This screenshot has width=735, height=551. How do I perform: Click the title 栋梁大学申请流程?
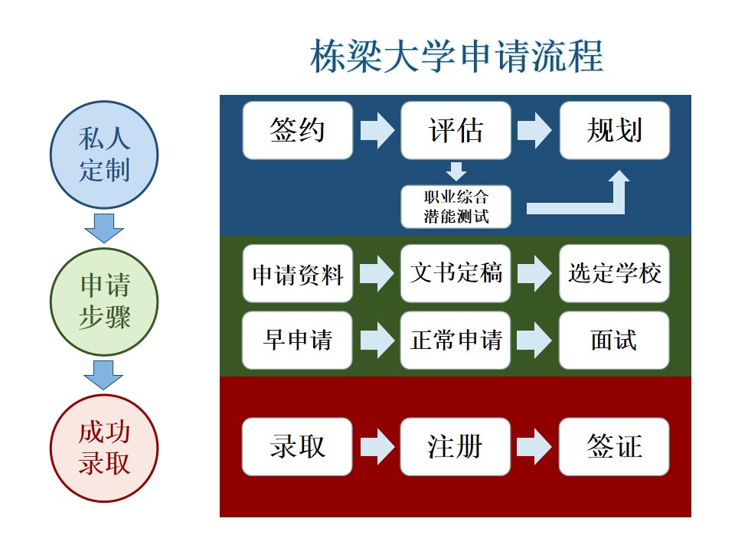tap(456, 56)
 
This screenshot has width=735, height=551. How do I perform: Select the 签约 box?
tap(298, 130)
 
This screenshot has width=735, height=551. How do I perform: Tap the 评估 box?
tap(456, 130)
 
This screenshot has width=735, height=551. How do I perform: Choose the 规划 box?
tap(615, 130)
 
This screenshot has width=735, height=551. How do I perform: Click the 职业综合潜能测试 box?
tap(456, 207)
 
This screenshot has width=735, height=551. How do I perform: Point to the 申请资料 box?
tap(298, 274)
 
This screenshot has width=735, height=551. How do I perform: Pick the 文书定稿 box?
tap(456, 274)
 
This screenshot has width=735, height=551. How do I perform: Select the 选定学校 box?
tap(615, 274)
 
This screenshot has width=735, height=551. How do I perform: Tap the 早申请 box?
tap(298, 340)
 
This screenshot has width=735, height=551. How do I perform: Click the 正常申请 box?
tap(456, 340)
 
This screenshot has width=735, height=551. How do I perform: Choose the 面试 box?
tap(615, 340)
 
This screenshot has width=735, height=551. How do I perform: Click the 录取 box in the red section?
tap(298, 446)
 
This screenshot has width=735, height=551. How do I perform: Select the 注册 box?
tap(456, 446)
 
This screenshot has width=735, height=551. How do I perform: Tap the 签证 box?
tap(615, 446)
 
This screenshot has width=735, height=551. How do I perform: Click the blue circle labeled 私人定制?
tap(104, 155)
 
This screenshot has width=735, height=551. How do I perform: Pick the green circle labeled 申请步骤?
tap(104, 302)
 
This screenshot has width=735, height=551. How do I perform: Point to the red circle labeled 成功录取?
tap(104, 448)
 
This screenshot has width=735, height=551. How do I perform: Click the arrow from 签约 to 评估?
tap(377, 130)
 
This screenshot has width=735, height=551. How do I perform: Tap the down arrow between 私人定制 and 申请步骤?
tap(104, 228)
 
